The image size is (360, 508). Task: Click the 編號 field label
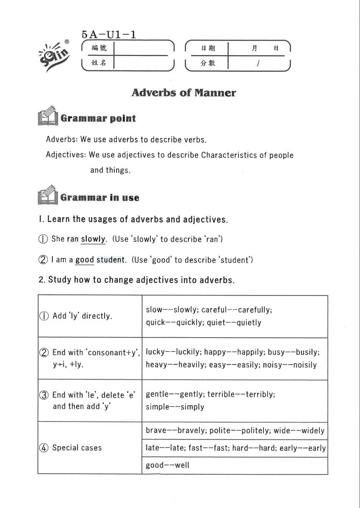click(99, 48)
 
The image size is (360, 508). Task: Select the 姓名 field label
click(99, 63)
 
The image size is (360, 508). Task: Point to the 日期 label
click(208, 48)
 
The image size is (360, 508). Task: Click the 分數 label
click(208, 63)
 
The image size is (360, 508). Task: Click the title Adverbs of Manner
click(183, 93)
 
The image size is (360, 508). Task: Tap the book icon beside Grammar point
click(47, 116)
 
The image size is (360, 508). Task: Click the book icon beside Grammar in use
click(47, 195)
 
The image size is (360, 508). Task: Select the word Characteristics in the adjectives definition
click(229, 155)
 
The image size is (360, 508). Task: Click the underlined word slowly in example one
click(94, 239)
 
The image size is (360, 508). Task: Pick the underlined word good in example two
click(85, 260)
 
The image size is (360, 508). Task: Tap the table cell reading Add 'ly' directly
click(82, 316)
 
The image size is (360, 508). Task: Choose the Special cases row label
click(77, 448)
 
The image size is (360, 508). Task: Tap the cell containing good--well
click(167, 465)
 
